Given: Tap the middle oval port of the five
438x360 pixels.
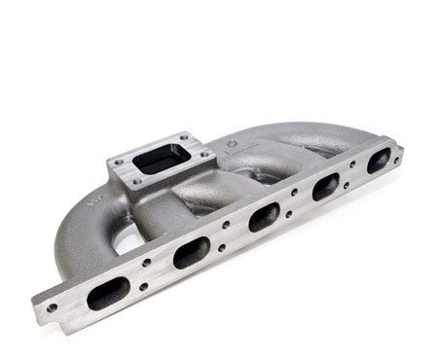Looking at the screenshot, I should pos(264,216).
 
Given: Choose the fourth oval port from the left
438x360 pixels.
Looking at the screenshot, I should pos(326,185).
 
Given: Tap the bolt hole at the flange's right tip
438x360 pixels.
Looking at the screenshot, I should pos(400,148).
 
